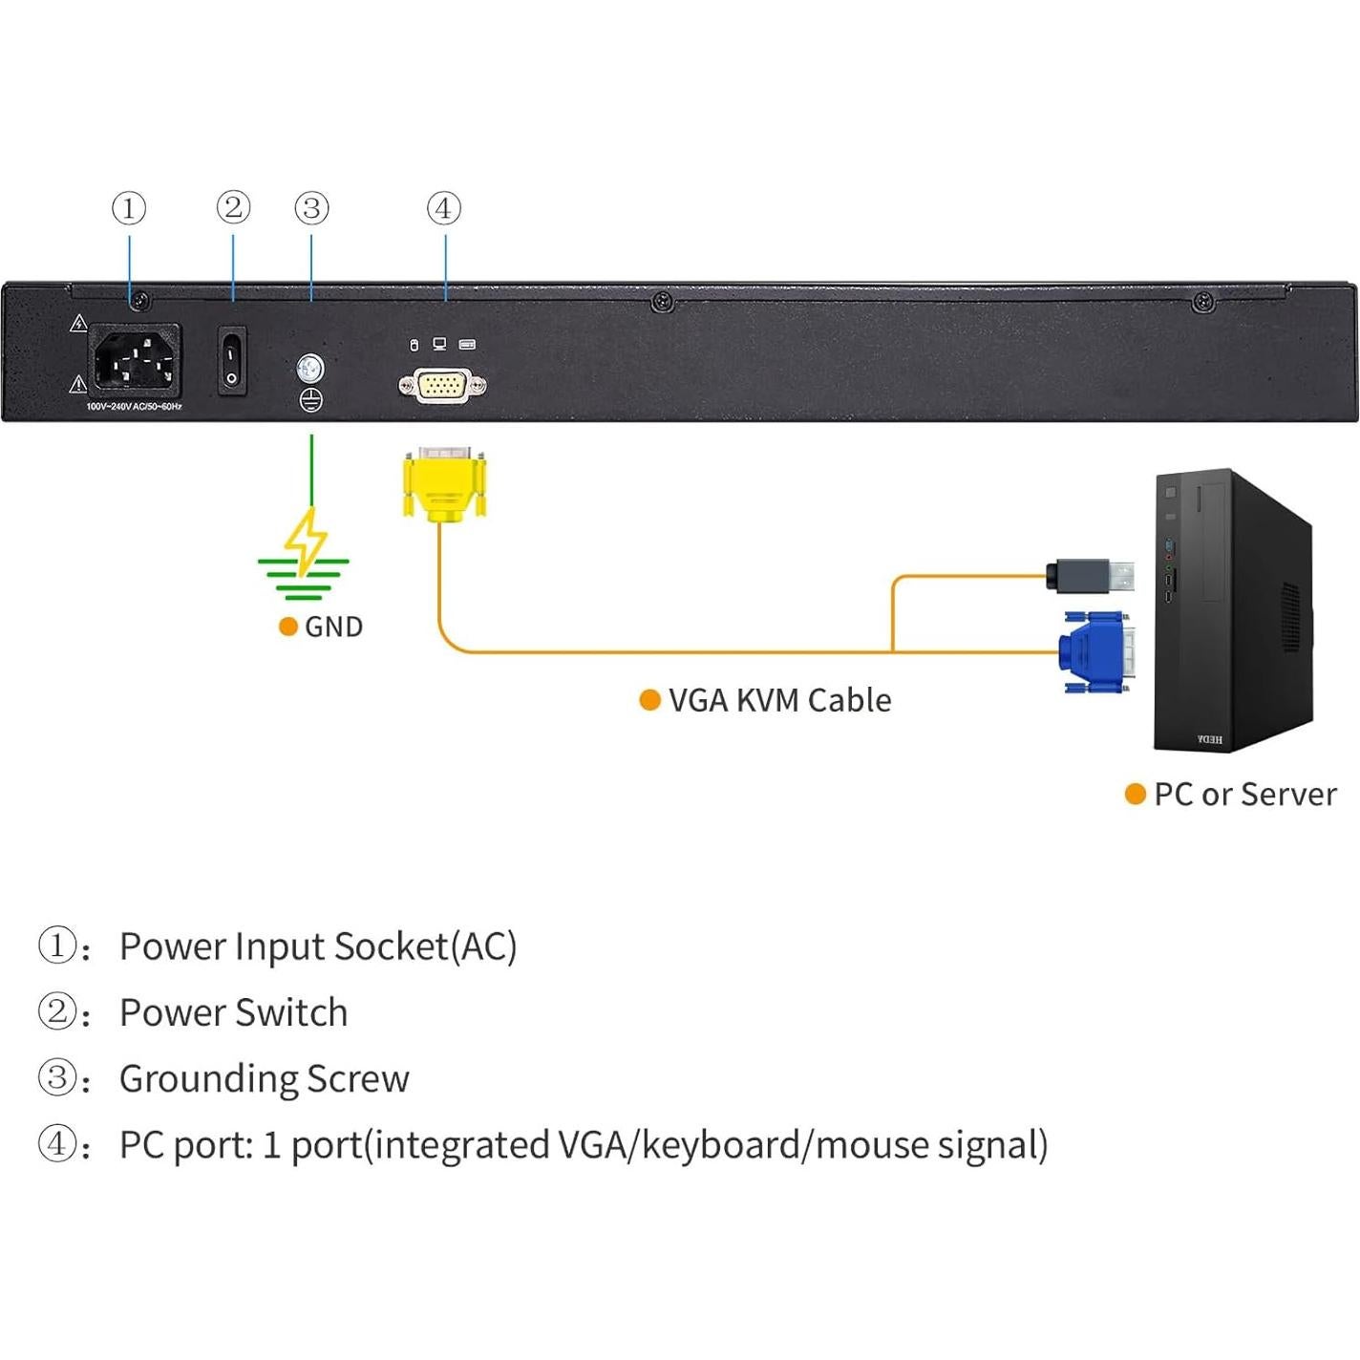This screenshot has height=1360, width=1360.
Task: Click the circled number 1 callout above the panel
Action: [129, 208]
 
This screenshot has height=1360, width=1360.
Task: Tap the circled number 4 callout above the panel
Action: [444, 208]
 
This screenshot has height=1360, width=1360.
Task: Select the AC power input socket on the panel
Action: [135, 361]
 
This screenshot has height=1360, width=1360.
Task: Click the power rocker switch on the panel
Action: [232, 361]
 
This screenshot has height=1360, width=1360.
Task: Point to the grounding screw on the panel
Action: [310, 368]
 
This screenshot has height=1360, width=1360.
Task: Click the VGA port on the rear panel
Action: [442, 386]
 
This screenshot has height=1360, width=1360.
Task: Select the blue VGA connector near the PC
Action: [1095, 652]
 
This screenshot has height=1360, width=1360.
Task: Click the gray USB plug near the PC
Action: [1090, 576]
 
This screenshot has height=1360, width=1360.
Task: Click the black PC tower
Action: [1232, 611]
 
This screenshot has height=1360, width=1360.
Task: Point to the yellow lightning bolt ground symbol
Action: [306, 542]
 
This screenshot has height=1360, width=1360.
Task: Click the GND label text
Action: [333, 627]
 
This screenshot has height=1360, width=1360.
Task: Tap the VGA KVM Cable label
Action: [779, 701]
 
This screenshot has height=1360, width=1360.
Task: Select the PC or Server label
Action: [1244, 795]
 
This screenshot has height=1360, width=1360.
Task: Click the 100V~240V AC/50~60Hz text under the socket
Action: [134, 407]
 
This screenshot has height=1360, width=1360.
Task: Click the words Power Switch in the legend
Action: [233, 1013]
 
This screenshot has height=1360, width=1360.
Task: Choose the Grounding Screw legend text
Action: [264, 1079]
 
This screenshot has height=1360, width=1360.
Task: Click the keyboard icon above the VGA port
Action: [467, 344]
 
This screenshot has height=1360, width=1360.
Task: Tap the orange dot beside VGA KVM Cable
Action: [649, 700]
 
